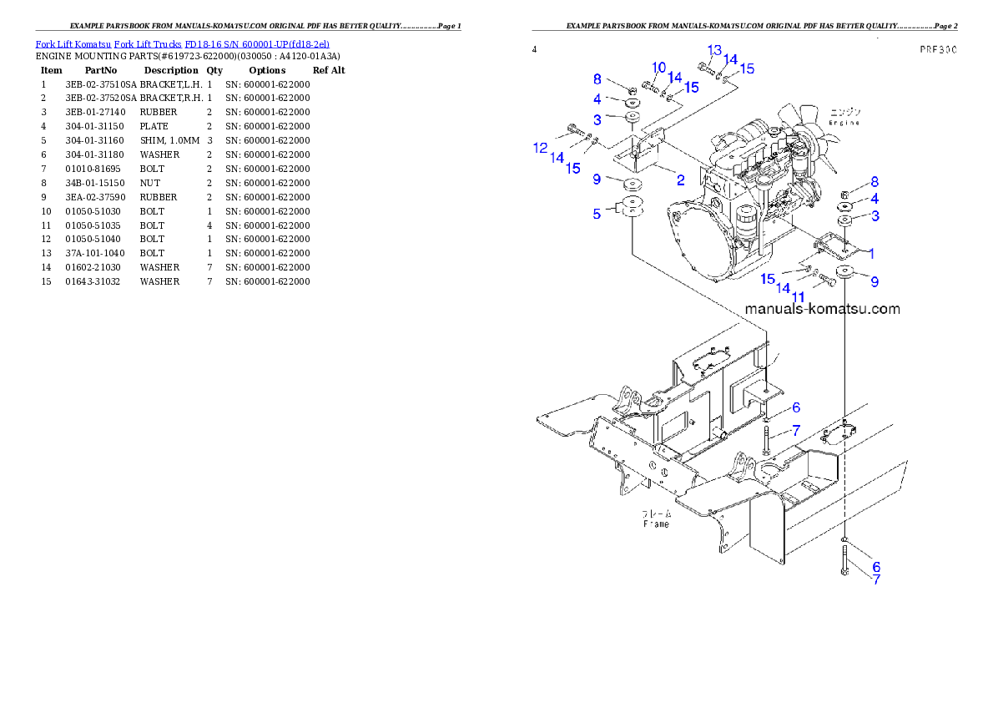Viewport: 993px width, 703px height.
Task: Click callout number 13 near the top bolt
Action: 714,50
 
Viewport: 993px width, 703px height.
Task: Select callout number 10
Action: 658,68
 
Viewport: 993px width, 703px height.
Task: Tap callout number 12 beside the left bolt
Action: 540,148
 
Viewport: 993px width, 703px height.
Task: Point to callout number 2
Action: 681,180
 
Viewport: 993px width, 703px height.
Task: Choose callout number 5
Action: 597,214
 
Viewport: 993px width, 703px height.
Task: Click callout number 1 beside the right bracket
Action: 871,252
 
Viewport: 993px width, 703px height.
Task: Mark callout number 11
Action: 798,296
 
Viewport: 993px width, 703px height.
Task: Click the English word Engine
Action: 844,122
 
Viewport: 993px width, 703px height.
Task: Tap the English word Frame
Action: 656,524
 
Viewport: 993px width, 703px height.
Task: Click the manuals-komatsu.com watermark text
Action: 822,309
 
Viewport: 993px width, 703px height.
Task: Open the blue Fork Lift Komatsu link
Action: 182,43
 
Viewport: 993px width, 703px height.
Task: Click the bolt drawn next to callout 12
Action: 575,129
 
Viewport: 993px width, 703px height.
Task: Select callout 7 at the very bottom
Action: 876,579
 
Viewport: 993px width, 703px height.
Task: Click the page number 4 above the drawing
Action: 534,50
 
